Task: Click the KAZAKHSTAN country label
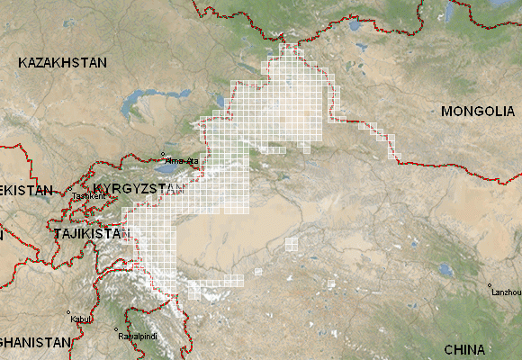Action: click(x=62, y=63)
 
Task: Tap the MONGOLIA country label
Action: click(x=476, y=112)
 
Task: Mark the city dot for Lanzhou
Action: click(x=490, y=286)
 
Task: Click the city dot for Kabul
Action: click(x=68, y=313)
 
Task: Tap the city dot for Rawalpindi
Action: click(x=118, y=331)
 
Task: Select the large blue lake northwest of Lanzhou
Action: click(x=445, y=268)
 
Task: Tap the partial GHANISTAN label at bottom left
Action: click(x=34, y=343)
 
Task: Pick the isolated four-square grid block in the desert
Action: click(x=292, y=243)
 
